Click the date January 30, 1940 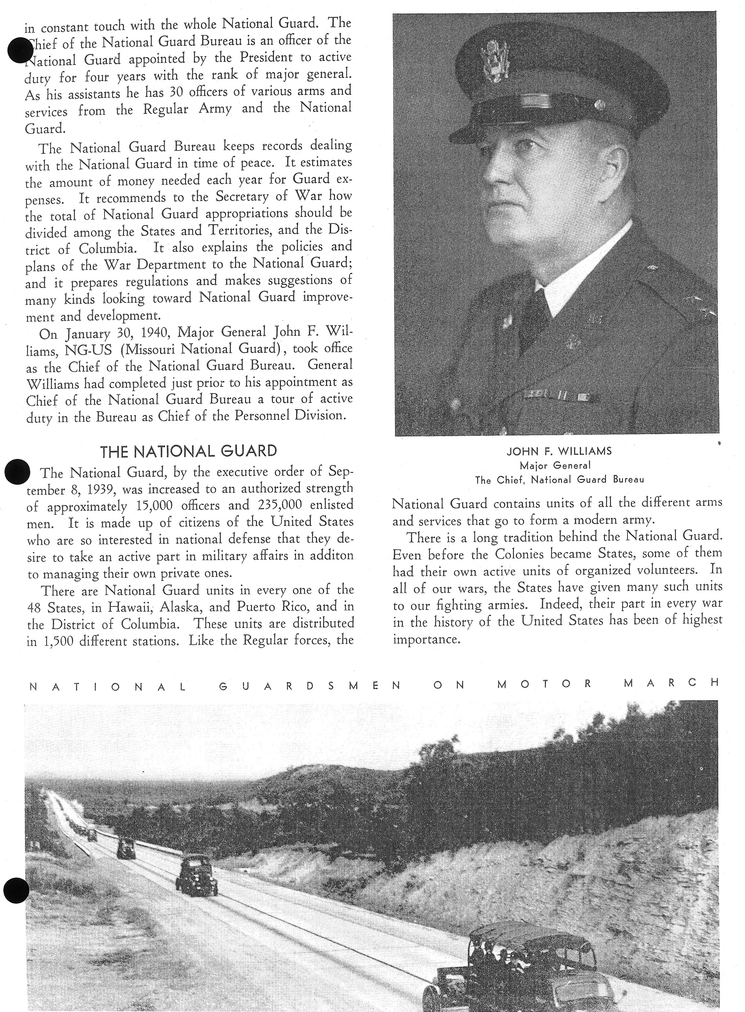(x=119, y=333)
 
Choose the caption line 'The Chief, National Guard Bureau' (x=559, y=480)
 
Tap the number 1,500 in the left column (x=56, y=641)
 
